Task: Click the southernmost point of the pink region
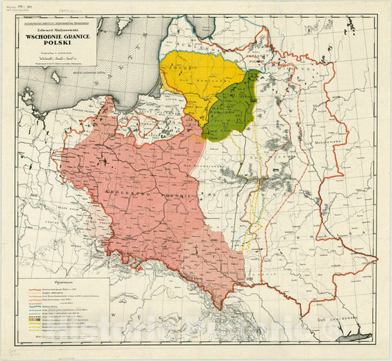coord(216,308)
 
